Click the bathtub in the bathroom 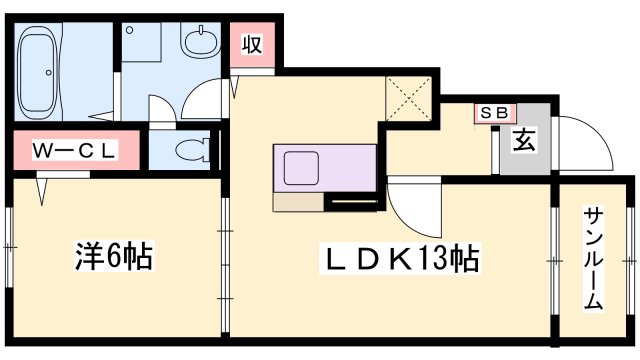[x=38, y=72]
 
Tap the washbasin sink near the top [x=201, y=42]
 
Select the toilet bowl [x=192, y=150]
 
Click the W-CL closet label [x=74, y=151]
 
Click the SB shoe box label [x=495, y=113]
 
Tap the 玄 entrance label [x=524, y=139]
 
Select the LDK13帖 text [x=402, y=259]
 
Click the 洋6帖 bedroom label [x=113, y=256]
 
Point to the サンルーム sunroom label [x=593, y=259]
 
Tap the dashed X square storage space [x=409, y=98]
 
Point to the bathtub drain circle [x=49, y=73]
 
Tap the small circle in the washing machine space [x=130, y=30]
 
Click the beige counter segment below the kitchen [x=298, y=202]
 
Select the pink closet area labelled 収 [x=252, y=44]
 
